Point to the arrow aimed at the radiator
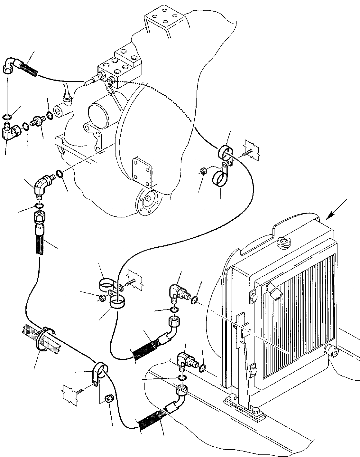(x=337, y=210)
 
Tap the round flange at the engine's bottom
(x=148, y=200)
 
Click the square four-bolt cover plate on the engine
(x=142, y=171)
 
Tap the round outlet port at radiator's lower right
(x=333, y=352)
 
